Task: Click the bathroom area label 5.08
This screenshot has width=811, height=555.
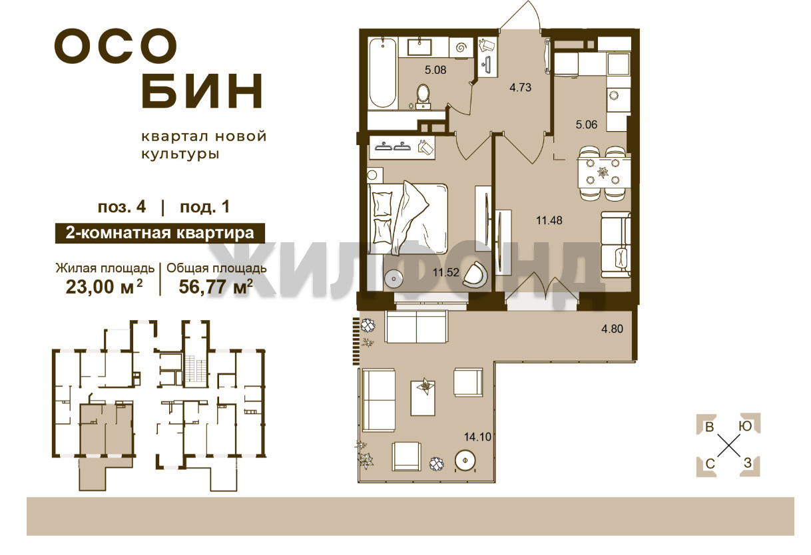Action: pyautogui.click(x=435, y=70)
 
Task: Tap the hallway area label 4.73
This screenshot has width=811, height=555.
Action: pyautogui.click(x=520, y=87)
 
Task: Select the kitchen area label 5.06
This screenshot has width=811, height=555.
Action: pyautogui.click(x=586, y=125)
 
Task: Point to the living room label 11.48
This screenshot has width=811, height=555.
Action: pyautogui.click(x=549, y=220)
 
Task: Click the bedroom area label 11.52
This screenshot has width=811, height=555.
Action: pyautogui.click(x=445, y=272)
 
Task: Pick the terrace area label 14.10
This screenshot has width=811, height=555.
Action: pyautogui.click(x=477, y=437)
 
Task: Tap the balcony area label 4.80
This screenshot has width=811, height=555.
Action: pyautogui.click(x=612, y=329)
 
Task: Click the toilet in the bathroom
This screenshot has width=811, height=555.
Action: pyautogui.click(x=423, y=96)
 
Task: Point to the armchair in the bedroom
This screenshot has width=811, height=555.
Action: pyautogui.click(x=474, y=275)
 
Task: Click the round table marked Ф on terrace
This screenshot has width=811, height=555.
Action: pyautogui.click(x=465, y=461)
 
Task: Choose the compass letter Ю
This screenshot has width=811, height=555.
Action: pyautogui.click(x=745, y=427)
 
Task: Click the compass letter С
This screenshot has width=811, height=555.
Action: pyautogui.click(x=710, y=463)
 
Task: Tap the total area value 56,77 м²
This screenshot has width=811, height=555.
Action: pyautogui.click(x=216, y=287)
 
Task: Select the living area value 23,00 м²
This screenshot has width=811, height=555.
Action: pyautogui.click(x=104, y=287)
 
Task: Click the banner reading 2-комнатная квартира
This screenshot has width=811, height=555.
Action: pyautogui.click(x=160, y=233)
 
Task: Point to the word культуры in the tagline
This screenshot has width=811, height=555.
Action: pyautogui.click(x=180, y=154)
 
